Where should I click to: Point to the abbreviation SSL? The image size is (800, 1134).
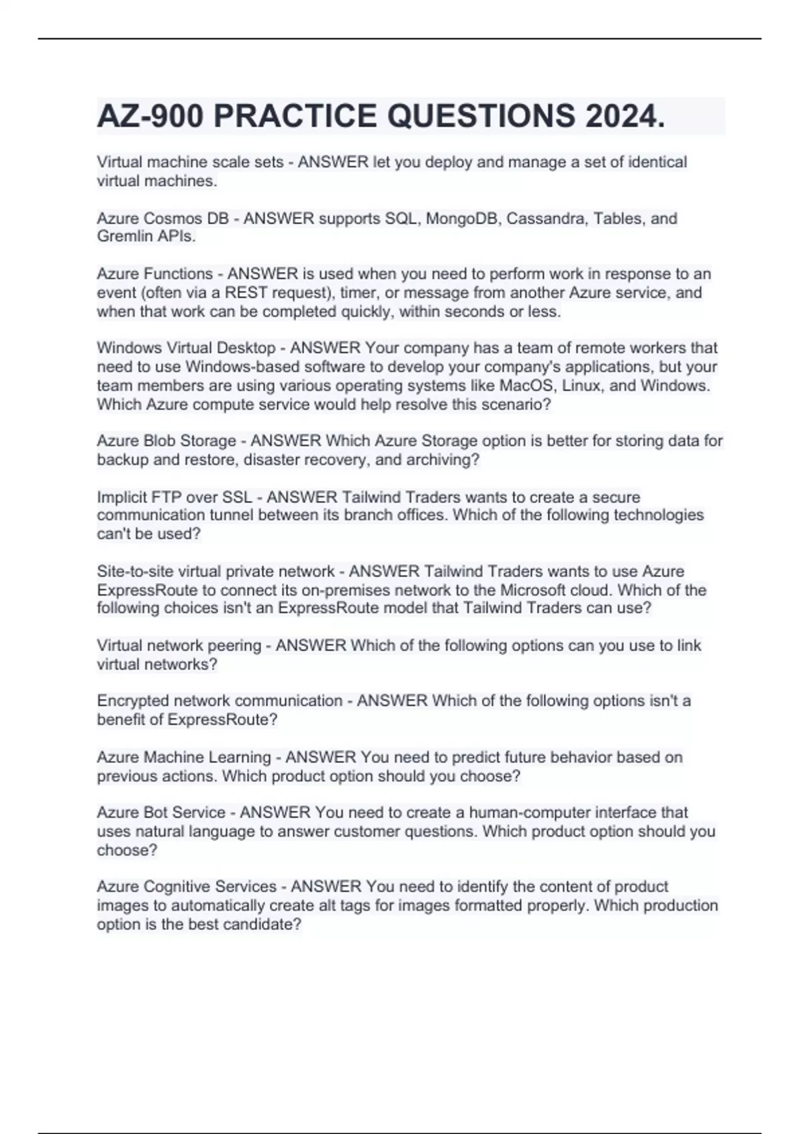[x=238, y=497]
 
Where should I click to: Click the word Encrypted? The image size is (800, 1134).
[x=133, y=700]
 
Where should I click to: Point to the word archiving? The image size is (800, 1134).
[x=445, y=460]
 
